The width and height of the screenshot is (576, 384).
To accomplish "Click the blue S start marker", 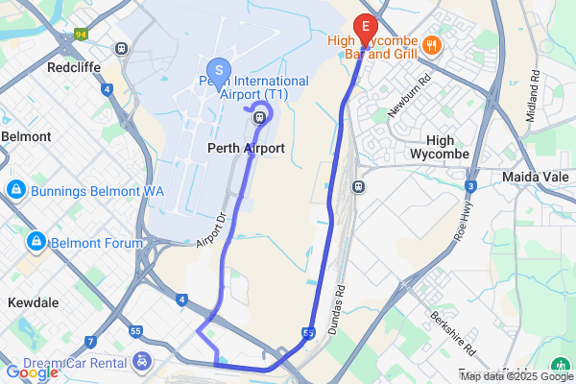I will (x=219, y=69).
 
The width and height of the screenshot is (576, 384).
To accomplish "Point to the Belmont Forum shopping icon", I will (x=36, y=240).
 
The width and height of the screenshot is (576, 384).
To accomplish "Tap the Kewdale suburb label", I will (x=34, y=301).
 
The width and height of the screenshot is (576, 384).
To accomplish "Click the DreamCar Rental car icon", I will (x=142, y=361).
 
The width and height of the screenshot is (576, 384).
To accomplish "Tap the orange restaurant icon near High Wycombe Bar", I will (x=432, y=43).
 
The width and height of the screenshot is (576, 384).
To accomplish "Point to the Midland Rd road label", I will (x=531, y=100).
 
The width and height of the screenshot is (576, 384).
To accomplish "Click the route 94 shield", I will (x=82, y=34).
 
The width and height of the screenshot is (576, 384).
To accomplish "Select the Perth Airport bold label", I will (x=246, y=149).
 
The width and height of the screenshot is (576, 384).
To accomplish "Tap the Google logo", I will (x=32, y=372).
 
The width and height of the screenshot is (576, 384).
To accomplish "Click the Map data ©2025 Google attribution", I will (x=516, y=376).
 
